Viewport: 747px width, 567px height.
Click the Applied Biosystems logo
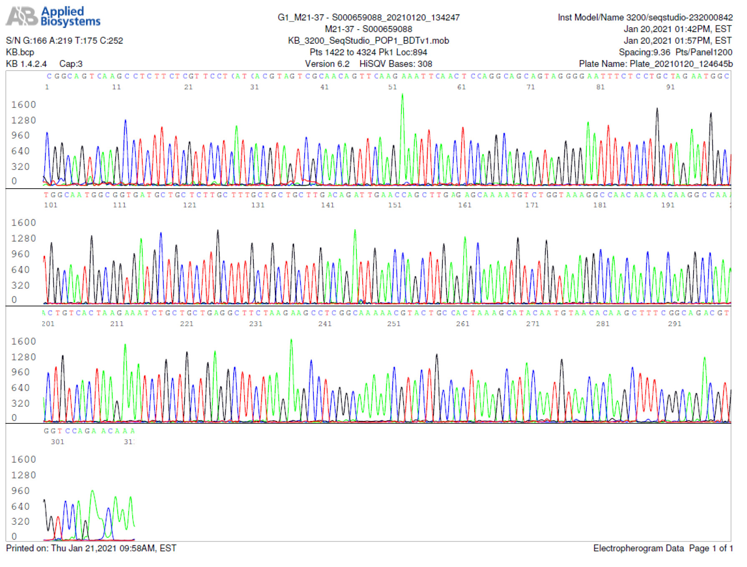point(53,17)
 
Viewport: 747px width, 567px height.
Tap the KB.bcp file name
point(20,53)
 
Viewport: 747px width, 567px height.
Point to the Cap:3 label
point(71,64)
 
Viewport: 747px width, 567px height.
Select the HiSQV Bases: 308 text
point(396,64)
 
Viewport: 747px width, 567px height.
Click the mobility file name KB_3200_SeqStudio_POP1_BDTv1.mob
point(368,41)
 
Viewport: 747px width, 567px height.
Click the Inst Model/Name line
point(645,18)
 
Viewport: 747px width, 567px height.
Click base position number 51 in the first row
point(393,87)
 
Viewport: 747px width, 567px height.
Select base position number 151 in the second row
point(395,205)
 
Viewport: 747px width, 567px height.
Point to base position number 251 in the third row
point(394,324)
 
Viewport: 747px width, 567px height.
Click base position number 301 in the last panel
point(58,442)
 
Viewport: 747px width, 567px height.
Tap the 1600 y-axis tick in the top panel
point(23,105)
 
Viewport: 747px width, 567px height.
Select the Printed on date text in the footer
point(91,548)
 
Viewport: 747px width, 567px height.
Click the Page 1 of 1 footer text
point(711,548)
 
